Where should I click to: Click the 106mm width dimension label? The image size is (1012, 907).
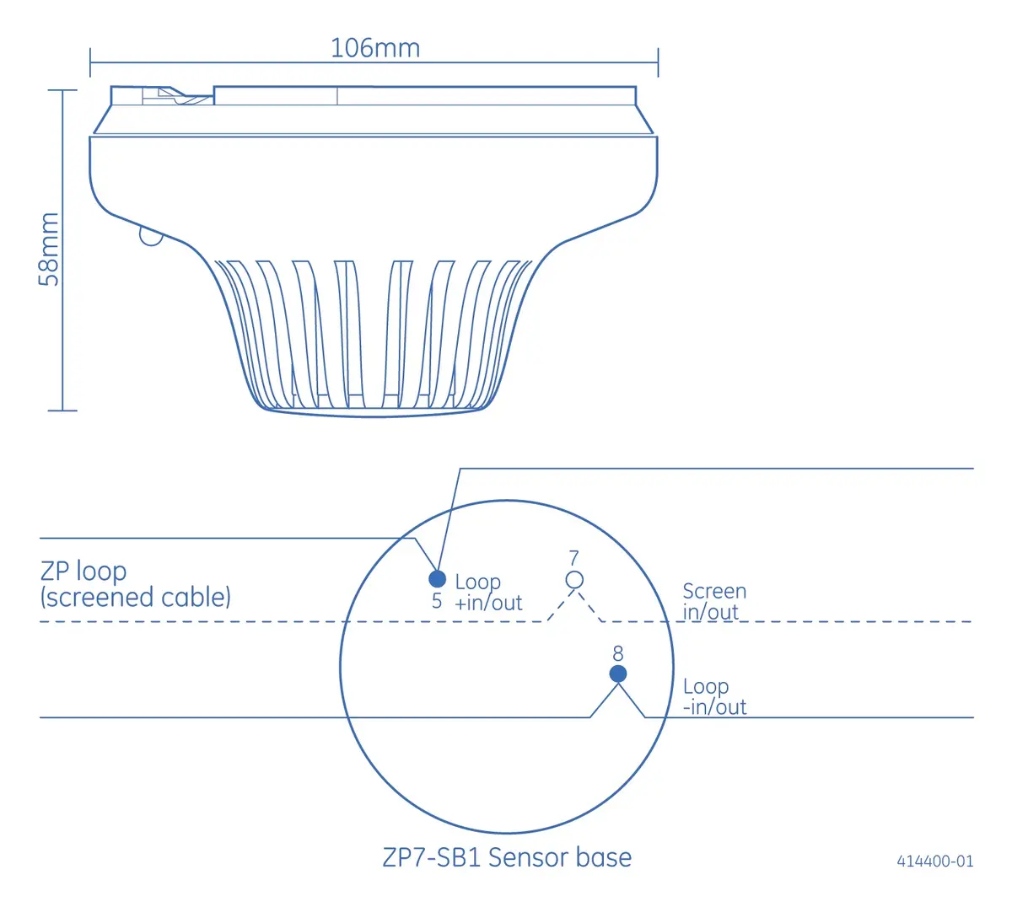(375, 48)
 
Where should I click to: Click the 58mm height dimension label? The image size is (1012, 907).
(49, 250)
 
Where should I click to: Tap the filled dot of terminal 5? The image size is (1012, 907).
(437, 579)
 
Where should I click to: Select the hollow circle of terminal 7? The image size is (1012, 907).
(574, 580)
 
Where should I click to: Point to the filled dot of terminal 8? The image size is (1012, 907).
(618, 674)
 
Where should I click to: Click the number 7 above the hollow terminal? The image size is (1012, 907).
(574, 558)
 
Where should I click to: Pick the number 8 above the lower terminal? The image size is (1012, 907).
(618, 653)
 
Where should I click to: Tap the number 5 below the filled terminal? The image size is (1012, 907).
(437, 601)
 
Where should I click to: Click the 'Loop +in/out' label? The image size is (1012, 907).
(488, 593)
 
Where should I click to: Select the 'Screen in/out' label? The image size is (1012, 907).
(714, 601)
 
